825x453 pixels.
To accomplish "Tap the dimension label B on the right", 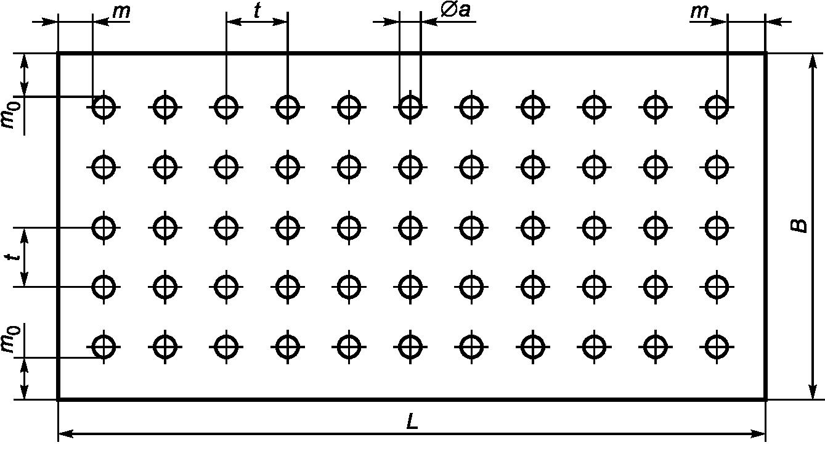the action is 799,226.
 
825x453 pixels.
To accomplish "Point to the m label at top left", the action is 121,12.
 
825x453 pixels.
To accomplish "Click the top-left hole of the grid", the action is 104,107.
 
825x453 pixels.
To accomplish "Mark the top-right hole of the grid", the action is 715,107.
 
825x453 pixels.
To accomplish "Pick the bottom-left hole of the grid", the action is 104,347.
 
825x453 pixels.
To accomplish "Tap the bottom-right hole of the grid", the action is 715,347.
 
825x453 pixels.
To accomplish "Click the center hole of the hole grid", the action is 409,227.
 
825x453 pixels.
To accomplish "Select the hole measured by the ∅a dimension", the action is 409,107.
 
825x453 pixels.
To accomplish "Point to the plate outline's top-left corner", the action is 58,54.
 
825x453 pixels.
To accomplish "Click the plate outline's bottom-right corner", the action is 765,399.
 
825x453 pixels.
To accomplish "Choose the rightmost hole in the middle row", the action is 715,227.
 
